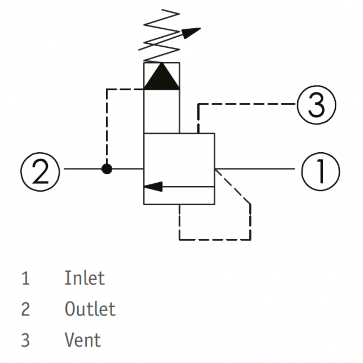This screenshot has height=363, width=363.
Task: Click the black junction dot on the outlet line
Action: click(x=107, y=169)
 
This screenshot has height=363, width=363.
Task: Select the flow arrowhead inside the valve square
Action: click(x=153, y=187)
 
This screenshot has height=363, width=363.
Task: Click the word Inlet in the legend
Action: click(x=84, y=278)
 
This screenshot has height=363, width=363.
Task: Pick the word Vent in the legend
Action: click(x=83, y=339)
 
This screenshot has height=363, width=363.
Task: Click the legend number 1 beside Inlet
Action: click(x=26, y=278)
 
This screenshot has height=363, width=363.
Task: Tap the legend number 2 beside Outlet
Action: click(x=26, y=309)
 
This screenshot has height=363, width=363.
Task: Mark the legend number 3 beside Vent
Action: click(x=26, y=340)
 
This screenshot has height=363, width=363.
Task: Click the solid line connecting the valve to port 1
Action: click(x=255, y=169)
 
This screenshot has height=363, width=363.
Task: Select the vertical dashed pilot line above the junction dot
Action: click(x=107, y=126)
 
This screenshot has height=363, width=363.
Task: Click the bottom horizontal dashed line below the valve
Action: click(x=215, y=239)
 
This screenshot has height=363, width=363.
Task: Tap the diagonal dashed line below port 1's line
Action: click(x=233, y=187)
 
